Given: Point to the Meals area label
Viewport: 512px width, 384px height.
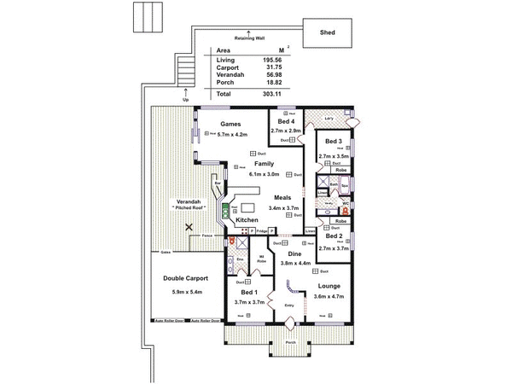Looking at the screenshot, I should click(283, 196).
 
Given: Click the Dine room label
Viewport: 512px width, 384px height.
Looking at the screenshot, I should click(294, 253).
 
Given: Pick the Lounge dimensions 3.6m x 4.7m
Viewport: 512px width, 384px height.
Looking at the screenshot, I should click(329, 296).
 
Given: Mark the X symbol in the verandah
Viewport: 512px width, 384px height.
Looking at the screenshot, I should click(189, 227).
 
